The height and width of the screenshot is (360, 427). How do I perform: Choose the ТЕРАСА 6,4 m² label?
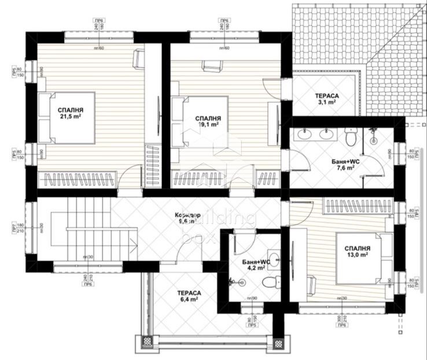pyautogui.click(x=189, y=296)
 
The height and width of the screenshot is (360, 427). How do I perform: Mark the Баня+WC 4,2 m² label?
pyautogui.click(x=255, y=265)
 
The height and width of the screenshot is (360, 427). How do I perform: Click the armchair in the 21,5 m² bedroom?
pyautogui.click(x=138, y=58)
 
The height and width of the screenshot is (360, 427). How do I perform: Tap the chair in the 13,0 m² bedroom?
pyautogui.click(x=310, y=284)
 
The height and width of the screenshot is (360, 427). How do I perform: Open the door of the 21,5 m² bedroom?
pyautogui.click(x=130, y=177)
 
